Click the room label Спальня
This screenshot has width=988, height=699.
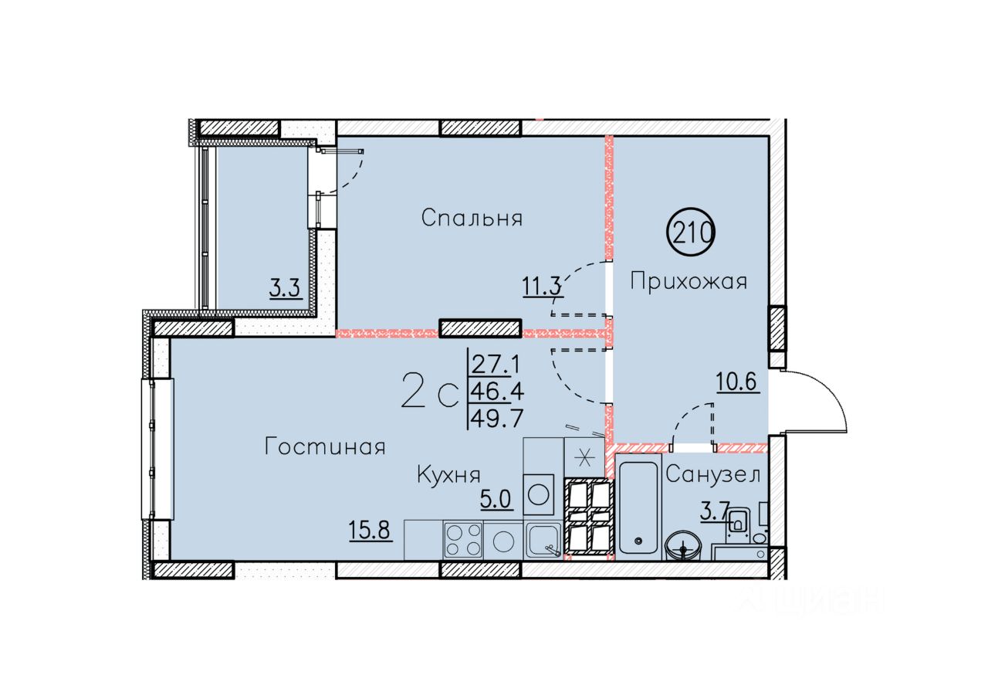pos(472,218)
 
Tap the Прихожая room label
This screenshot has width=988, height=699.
pos(689,281)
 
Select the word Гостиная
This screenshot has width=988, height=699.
pos(325,446)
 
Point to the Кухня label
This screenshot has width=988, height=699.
pos(448,475)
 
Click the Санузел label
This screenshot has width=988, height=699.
pos(712,475)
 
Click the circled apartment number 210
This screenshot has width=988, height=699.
pos(692,232)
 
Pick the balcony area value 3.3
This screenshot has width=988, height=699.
pos(285,290)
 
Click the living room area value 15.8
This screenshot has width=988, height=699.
pos(370,530)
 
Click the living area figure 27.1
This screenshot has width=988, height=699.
pos(496,365)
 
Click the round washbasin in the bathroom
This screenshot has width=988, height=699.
pos(684,547)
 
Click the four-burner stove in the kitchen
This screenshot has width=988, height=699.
pos(463,540)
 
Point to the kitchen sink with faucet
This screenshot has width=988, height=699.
pos(543,540)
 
